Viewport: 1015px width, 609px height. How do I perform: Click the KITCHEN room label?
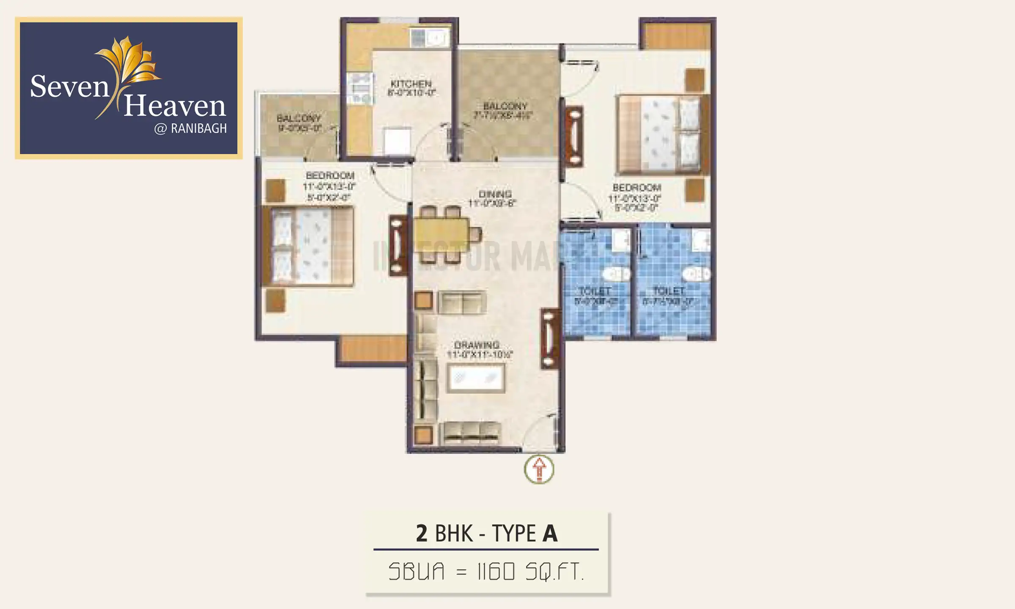pyautogui.click(x=411, y=84)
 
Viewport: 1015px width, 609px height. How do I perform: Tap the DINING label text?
pyautogui.click(x=495, y=194)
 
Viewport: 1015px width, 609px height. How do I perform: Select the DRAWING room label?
pyautogui.click(x=477, y=345)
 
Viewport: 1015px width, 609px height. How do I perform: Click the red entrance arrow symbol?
pyautogui.click(x=539, y=469)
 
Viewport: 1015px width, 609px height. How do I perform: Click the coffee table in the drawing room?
pyautogui.click(x=476, y=378)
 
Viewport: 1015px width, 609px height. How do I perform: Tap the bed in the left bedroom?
pyautogui.click(x=308, y=246)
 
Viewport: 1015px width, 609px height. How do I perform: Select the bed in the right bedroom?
pyautogui.click(x=662, y=134)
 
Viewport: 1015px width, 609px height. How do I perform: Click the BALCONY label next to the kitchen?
pyautogui.click(x=505, y=106)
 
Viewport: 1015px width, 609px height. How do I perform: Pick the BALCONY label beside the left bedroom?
pyautogui.click(x=299, y=118)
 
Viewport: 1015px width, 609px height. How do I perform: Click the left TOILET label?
pyautogui.click(x=595, y=291)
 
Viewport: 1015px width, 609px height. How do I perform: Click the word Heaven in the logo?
pyautogui.click(x=175, y=106)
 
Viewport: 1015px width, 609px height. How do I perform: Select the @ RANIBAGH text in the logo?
pyautogui.click(x=190, y=129)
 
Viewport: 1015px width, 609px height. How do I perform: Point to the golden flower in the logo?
pyautogui.click(x=129, y=61)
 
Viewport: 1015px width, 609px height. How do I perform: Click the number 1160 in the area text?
pyautogui.click(x=496, y=572)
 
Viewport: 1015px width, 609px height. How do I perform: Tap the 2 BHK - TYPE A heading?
pyautogui.click(x=486, y=533)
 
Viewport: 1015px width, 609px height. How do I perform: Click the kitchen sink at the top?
pyautogui.click(x=430, y=38)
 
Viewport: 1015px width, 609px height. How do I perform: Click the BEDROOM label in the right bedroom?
pyautogui.click(x=636, y=187)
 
